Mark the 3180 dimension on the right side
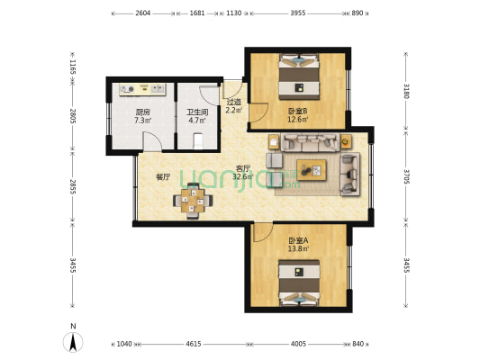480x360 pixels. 407,90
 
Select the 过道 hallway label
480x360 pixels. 233,103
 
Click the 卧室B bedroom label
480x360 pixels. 297,112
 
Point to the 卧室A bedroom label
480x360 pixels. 298,240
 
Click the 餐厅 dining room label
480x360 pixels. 163,177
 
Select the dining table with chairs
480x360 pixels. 193,200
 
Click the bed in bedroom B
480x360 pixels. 299,78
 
